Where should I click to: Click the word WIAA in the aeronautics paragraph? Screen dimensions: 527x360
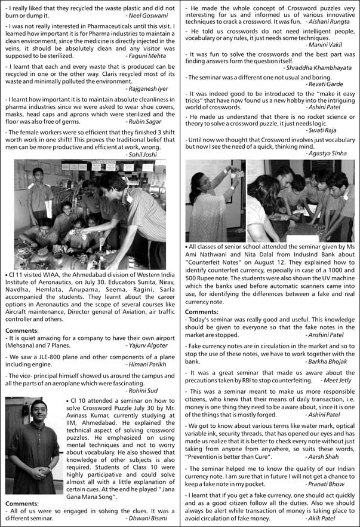53,277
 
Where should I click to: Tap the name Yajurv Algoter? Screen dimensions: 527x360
149,345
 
